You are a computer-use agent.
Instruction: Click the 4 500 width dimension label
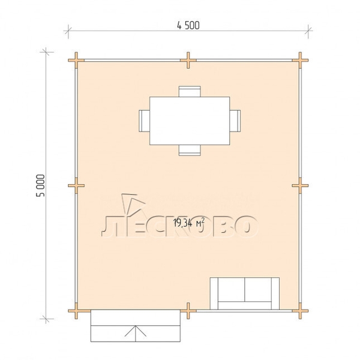click(x=188, y=25)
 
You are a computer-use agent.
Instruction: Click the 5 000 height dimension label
click(x=41, y=185)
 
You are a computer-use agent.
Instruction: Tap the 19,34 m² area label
click(x=189, y=223)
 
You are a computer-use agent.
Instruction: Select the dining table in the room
click(x=190, y=121)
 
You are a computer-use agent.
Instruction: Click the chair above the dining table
click(x=190, y=91)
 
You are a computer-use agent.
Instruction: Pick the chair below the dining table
click(x=190, y=150)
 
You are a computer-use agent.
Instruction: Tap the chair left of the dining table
click(x=144, y=121)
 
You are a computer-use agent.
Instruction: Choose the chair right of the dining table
click(x=235, y=121)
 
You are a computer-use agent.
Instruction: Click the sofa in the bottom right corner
click(x=245, y=293)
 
